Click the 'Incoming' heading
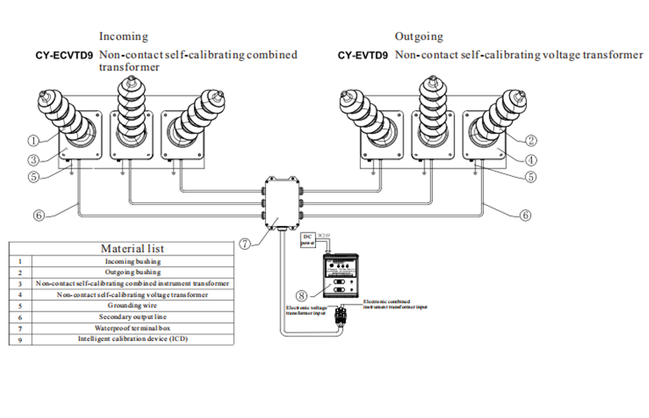pyautogui.click(x=124, y=36)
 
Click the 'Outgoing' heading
pyautogui.click(x=419, y=36)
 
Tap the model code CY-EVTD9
pyautogui.click(x=363, y=56)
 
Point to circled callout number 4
pyautogui.click(x=531, y=158)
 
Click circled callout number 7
pyautogui.click(x=245, y=245)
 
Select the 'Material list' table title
pyautogui.click(x=132, y=249)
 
